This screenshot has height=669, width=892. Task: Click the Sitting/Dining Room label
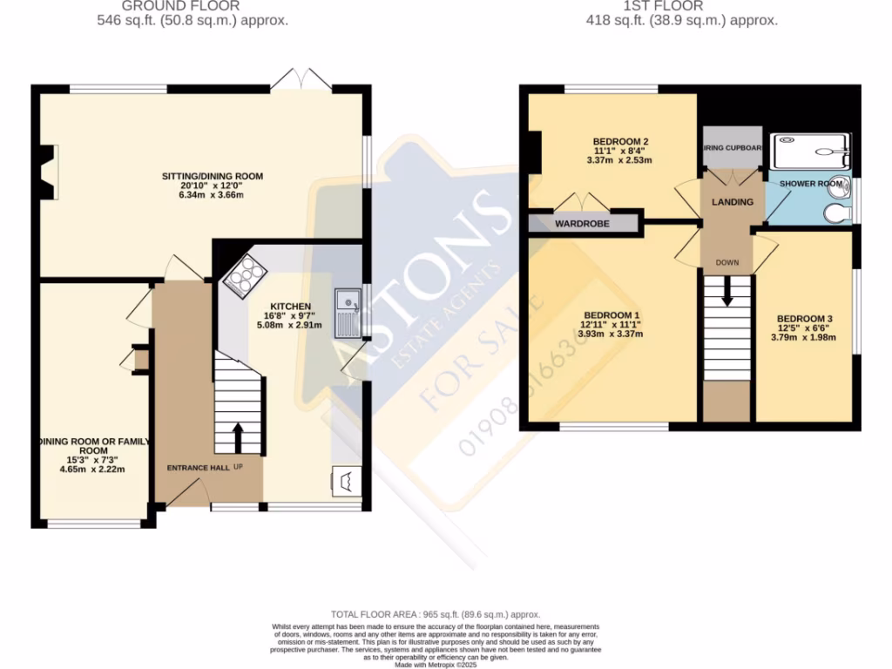click(213, 176)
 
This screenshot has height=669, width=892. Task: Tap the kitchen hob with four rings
click(244, 276)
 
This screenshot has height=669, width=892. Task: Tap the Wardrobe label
click(582, 224)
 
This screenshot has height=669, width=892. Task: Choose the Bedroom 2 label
click(620, 141)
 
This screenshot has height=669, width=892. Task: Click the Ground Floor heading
click(193, 6)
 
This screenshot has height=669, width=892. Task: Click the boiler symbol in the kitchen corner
click(345, 480)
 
